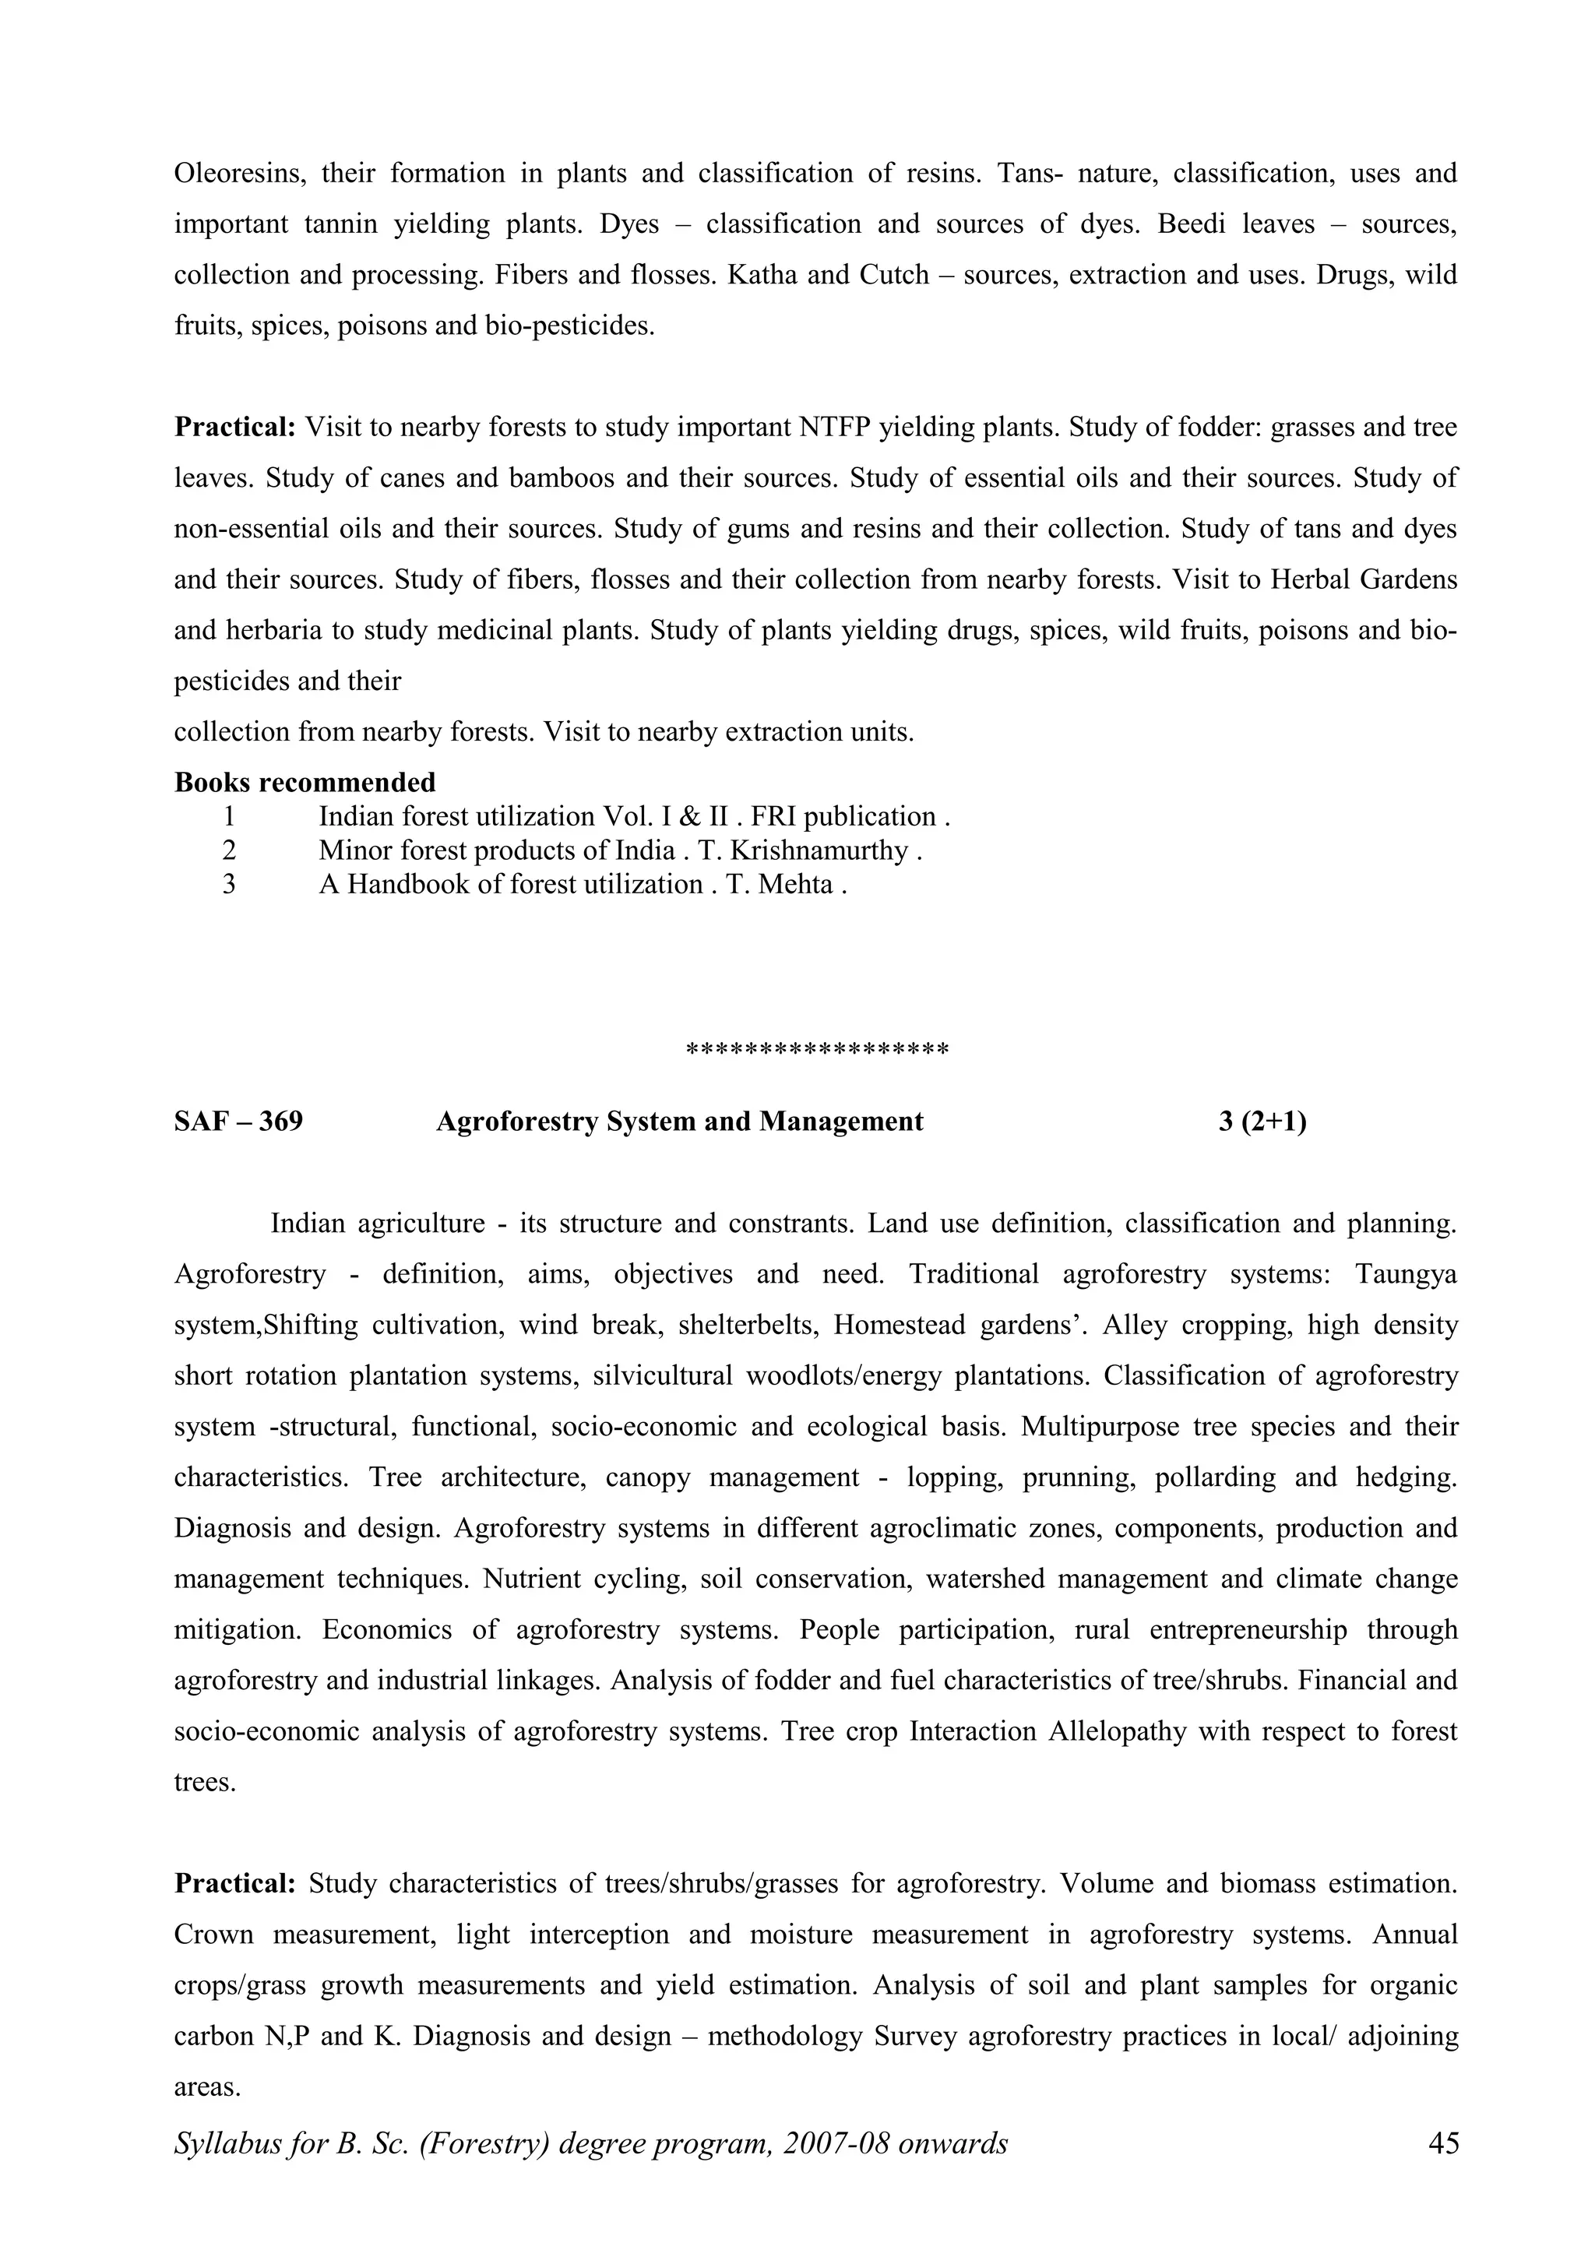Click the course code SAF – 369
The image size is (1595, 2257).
[x=239, y=1121]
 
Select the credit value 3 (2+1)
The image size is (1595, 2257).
[x=1262, y=1121]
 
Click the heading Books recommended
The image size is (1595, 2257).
[x=305, y=783]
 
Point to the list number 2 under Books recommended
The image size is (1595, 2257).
[x=229, y=850]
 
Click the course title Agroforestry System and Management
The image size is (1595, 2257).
[x=679, y=1121]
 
